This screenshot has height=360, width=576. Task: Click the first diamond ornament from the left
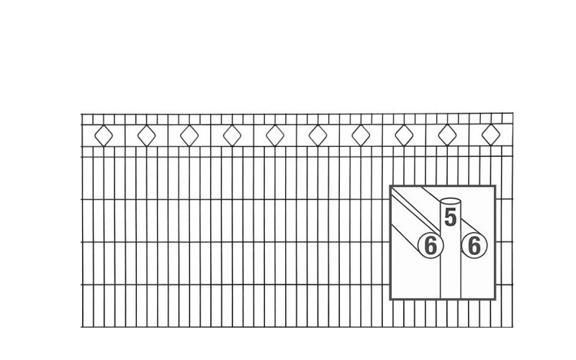(x=104, y=135)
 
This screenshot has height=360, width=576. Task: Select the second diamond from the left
(x=147, y=135)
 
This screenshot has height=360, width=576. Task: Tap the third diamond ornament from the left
(x=189, y=135)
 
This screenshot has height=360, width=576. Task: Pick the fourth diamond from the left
(x=232, y=135)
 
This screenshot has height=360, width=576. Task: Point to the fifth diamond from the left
(x=274, y=135)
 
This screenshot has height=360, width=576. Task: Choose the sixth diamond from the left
(x=318, y=135)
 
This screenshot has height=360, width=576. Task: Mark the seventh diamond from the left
(x=361, y=135)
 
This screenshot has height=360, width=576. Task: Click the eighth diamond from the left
(x=404, y=135)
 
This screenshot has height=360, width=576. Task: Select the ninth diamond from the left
(x=447, y=135)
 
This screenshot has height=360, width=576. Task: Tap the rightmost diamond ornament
(x=490, y=135)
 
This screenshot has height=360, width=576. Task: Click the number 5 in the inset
(x=451, y=217)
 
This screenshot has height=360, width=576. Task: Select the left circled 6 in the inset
(x=430, y=246)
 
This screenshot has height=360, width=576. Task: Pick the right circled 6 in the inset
(x=473, y=246)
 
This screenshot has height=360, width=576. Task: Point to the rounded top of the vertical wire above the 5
(x=451, y=201)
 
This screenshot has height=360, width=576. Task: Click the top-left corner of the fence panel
(x=81, y=114)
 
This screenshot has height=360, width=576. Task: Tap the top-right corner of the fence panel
(x=512, y=114)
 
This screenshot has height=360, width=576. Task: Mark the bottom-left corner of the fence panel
(x=81, y=328)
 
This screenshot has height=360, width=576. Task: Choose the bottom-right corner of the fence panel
(x=512, y=328)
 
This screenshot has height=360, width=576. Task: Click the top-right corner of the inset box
(x=496, y=186)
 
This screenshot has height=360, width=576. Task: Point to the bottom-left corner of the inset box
(x=390, y=300)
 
